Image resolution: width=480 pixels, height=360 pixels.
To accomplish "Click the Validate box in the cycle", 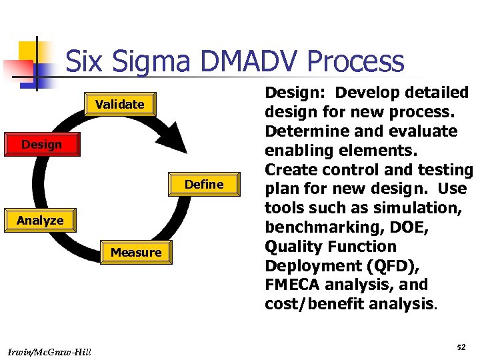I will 120,105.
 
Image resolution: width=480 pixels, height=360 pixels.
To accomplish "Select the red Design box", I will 41,145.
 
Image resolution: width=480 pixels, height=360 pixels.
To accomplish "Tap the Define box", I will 204,185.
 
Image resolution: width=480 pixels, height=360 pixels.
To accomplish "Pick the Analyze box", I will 41,221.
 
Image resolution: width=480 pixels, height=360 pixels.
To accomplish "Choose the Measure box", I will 136,253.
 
